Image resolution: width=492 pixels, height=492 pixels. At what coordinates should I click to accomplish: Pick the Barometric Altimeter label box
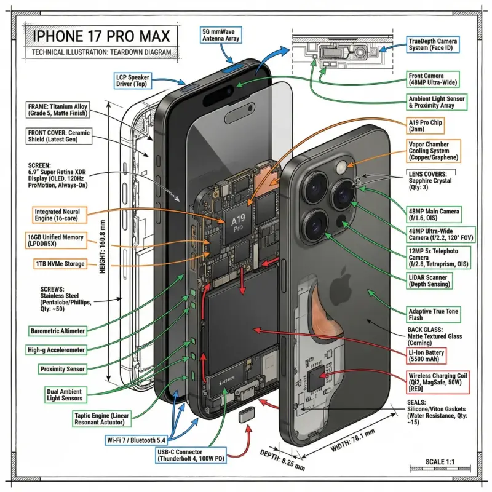pyautogui.click(x=57, y=331)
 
